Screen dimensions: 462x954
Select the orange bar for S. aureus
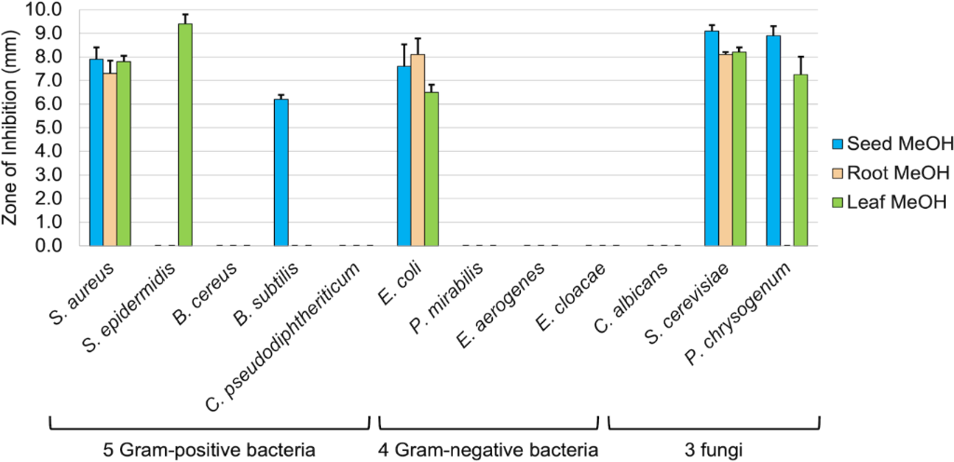coord(110,159)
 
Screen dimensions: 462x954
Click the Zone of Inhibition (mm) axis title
coord(12,128)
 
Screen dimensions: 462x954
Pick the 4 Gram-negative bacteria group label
coord(487,451)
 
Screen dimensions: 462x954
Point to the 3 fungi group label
coord(714,451)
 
